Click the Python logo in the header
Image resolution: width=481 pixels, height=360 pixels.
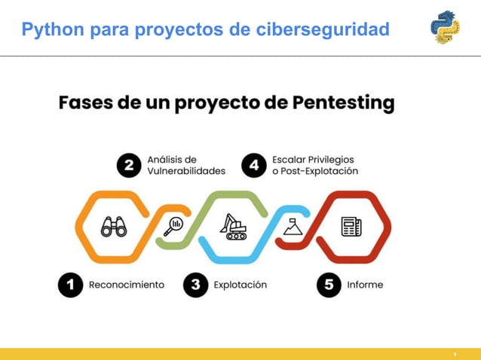coord(445,27)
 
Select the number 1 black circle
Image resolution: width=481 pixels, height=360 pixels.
coord(71,285)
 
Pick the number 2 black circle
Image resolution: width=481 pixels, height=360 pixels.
coord(129,166)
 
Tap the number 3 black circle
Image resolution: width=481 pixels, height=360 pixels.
coord(195,285)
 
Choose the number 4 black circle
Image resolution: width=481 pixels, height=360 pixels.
coord(254,166)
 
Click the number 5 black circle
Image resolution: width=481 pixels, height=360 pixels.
coord(329,285)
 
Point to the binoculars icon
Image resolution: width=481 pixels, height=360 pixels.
coord(114,226)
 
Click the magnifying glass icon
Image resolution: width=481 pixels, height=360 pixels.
coord(174,225)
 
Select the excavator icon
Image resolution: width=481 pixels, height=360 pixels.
coord(233,226)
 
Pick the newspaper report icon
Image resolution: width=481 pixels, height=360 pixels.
coord(351,226)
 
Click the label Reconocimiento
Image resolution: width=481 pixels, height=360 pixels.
coord(126,285)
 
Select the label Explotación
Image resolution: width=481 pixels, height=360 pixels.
coord(240,285)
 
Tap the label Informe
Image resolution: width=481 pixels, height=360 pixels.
coord(365,285)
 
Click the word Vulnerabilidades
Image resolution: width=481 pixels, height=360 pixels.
coord(185,171)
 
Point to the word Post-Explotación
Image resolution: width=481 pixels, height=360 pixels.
coord(320,171)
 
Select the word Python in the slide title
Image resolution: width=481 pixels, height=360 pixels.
coord(53,29)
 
